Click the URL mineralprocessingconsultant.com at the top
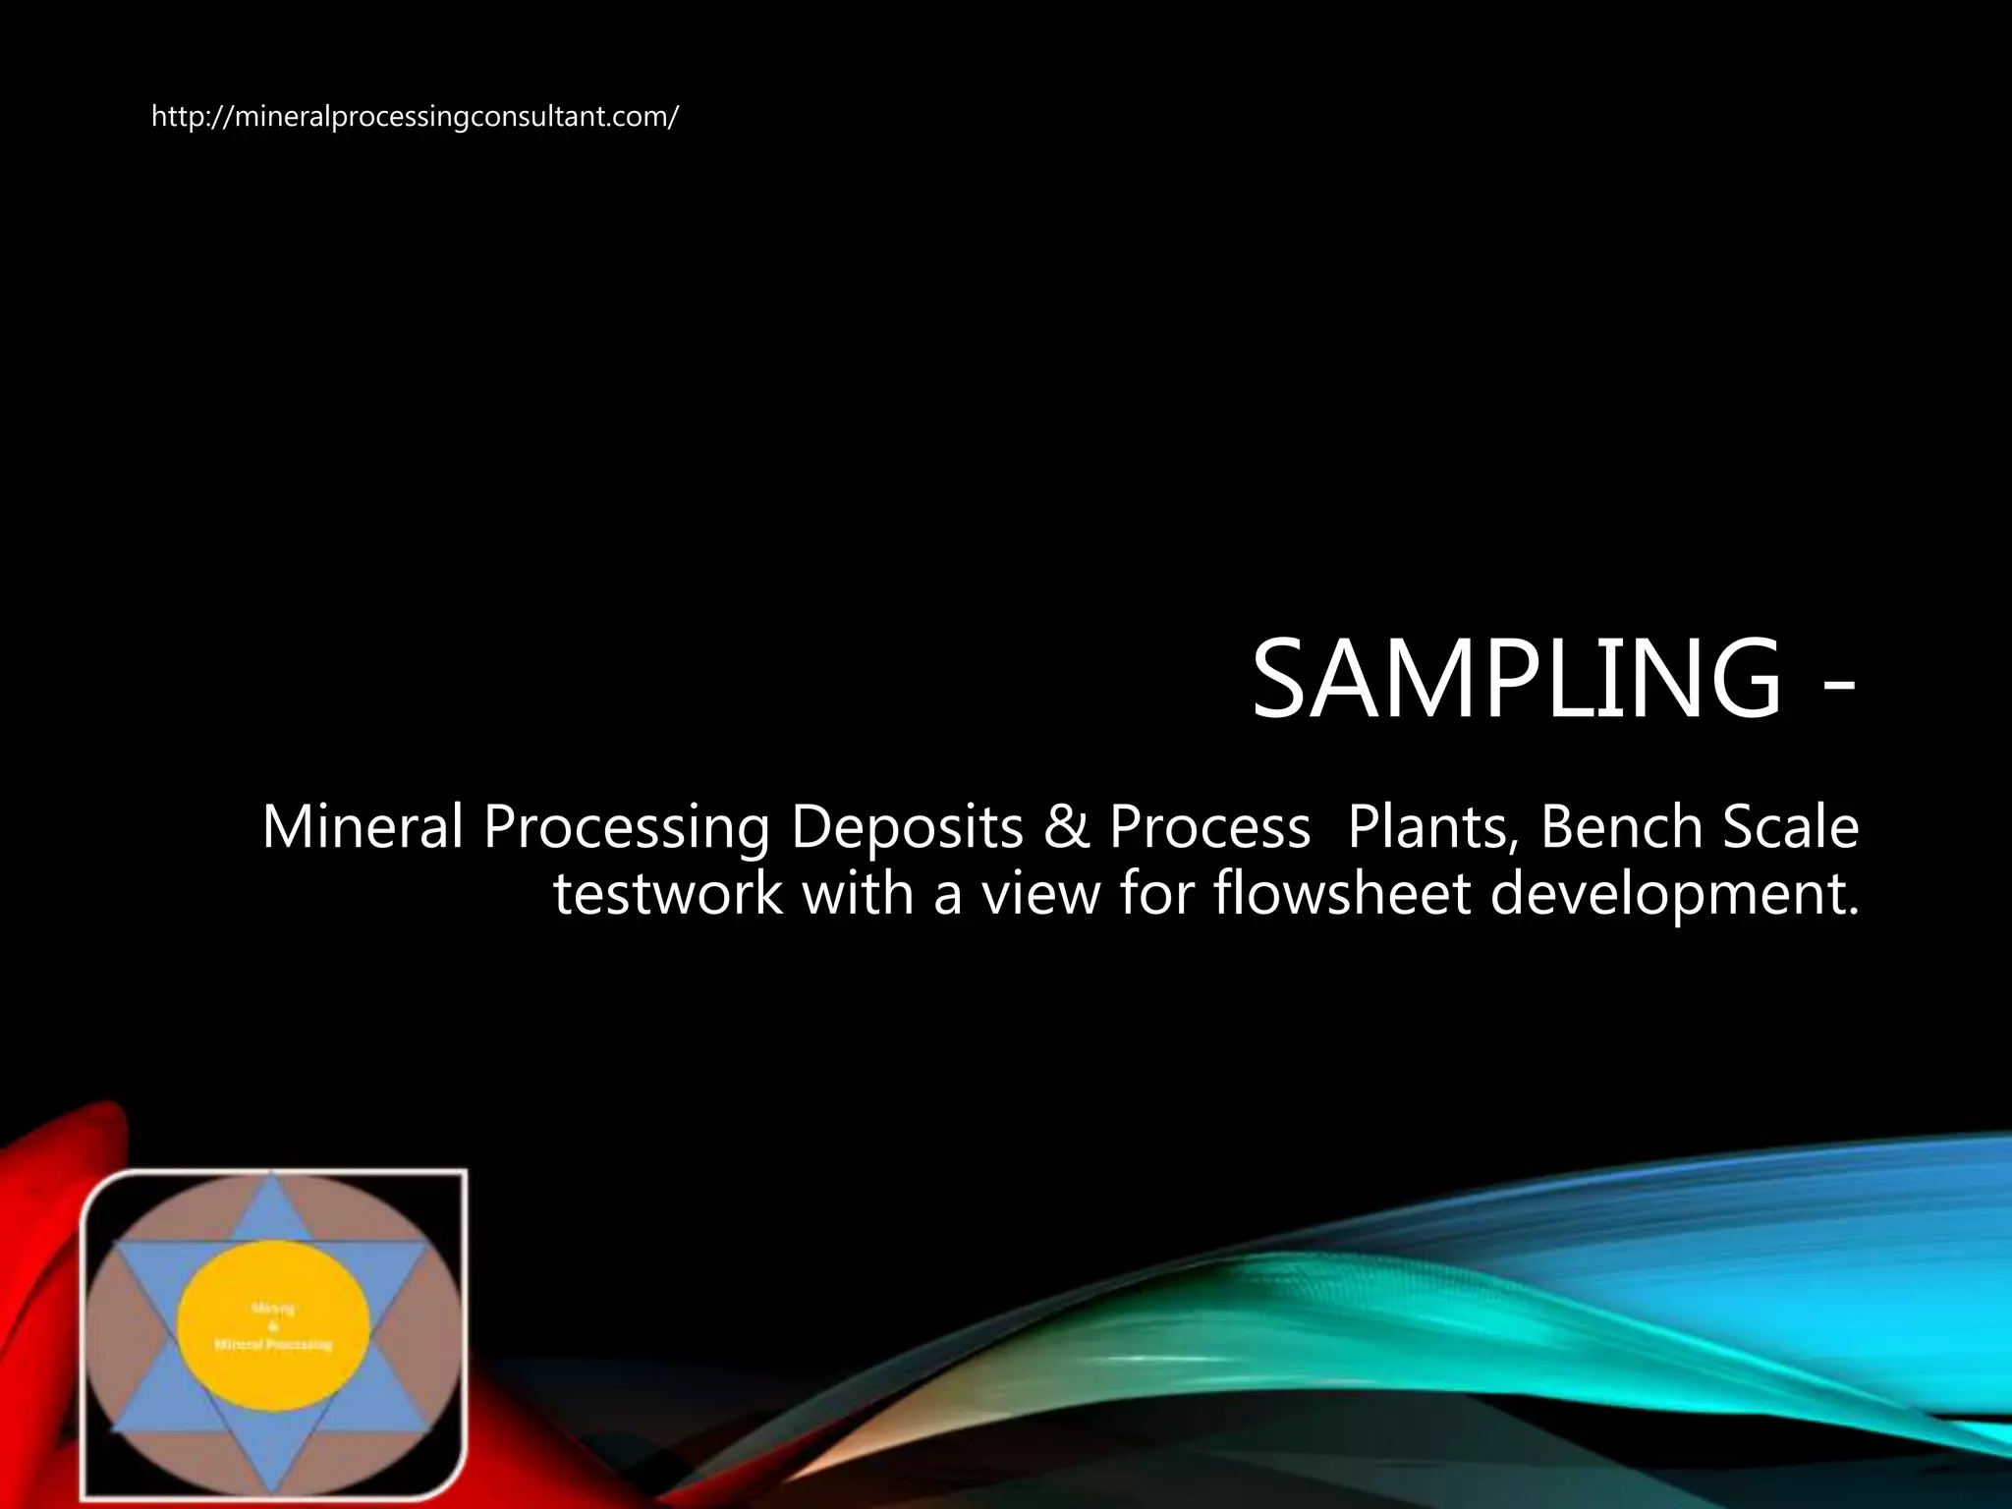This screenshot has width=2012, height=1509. [414, 117]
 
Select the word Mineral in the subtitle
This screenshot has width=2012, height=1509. [362, 826]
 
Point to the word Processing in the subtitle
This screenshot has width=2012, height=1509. [626, 828]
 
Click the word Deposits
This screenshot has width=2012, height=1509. [907, 826]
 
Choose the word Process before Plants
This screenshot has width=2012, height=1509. [1209, 826]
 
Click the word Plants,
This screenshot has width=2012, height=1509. [1428, 826]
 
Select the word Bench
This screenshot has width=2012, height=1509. [1620, 826]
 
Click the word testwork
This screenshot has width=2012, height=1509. [668, 894]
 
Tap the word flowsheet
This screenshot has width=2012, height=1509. [1341, 894]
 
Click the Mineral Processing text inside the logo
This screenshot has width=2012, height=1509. [274, 1344]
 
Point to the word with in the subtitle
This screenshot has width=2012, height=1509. [858, 894]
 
